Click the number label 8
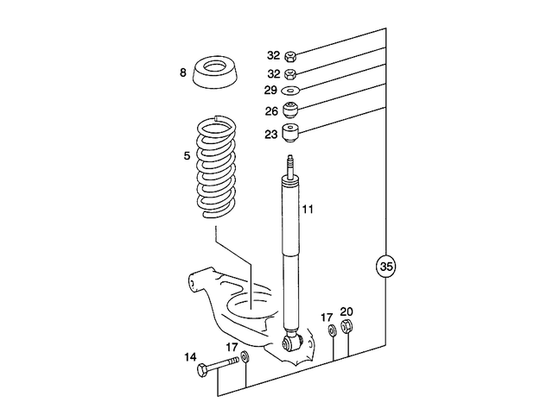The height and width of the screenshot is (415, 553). pos(183,73)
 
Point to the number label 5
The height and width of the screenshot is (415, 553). pos(186,156)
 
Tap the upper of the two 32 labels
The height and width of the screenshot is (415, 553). pos(273,53)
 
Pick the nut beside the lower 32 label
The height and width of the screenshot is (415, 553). pos(291,73)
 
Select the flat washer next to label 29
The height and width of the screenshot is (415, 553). pos(291,90)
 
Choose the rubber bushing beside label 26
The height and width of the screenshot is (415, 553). pos(292,110)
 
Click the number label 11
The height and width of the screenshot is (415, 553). pos(308,209)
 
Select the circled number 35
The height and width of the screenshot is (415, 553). pos(385,267)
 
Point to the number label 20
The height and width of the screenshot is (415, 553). pos(346,311)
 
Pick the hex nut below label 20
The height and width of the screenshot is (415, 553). pos(346,328)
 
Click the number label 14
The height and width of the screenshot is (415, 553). pos(190,355)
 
